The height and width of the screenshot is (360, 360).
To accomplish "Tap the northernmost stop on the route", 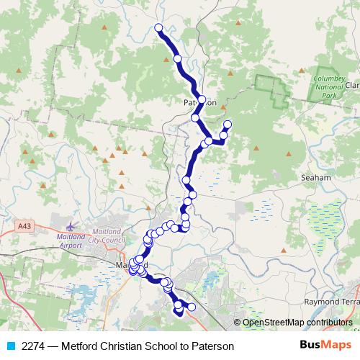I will (159, 28).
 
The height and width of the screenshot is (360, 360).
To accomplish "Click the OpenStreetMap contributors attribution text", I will (297, 323).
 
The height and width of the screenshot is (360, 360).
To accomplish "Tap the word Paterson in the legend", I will (212, 346).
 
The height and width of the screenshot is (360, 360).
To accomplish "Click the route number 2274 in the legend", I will (34, 346).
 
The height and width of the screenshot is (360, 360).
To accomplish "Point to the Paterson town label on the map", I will (199, 103).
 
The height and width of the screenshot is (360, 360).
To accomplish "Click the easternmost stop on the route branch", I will (228, 125).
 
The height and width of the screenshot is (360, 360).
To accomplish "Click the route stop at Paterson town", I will (202, 99).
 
